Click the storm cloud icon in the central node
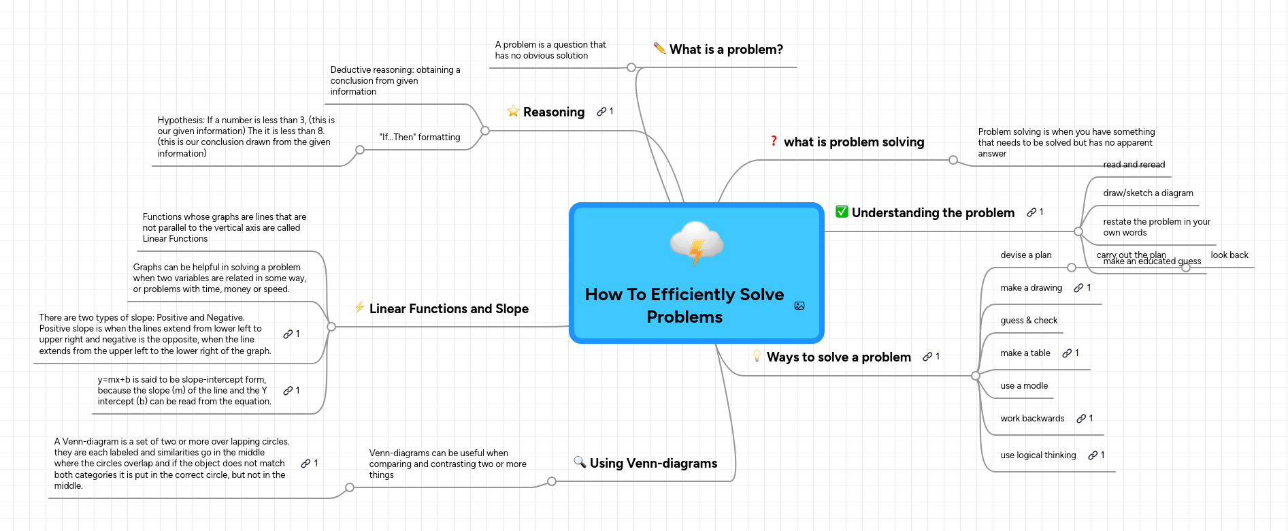click(x=696, y=242)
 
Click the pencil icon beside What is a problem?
click(x=659, y=48)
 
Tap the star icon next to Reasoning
click(x=513, y=111)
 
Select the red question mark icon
click(x=774, y=141)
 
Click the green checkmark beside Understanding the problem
click(x=842, y=212)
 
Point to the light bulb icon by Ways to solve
click(x=757, y=356)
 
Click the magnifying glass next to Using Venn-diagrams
click(x=580, y=462)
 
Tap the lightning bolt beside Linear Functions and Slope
click(x=359, y=308)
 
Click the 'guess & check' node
click(x=1028, y=320)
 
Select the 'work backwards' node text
click(x=1031, y=418)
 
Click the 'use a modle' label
click(x=1023, y=385)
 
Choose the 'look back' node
click(x=1229, y=255)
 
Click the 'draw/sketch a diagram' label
click(x=1148, y=193)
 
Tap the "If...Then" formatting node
click(x=419, y=137)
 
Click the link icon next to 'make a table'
click(x=1067, y=353)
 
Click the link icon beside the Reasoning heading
click(x=601, y=111)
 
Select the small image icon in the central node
click(x=799, y=306)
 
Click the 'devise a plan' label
click(x=1025, y=255)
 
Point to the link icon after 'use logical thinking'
click(x=1092, y=455)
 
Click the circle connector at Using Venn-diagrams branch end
click(x=552, y=481)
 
